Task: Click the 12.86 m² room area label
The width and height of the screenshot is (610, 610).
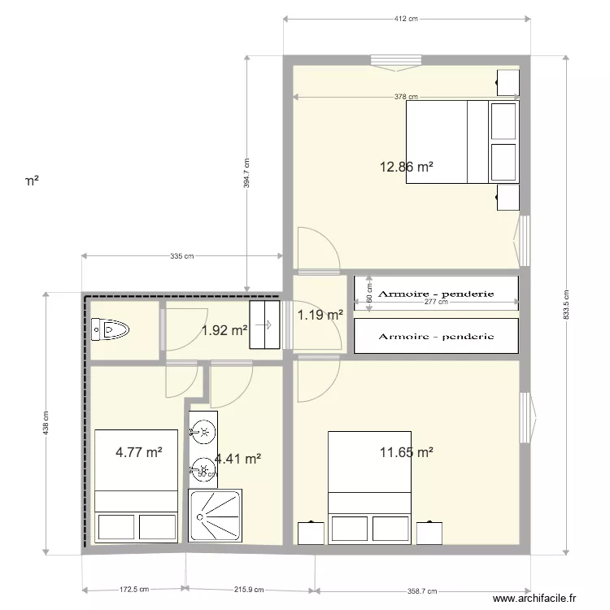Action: tap(406, 168)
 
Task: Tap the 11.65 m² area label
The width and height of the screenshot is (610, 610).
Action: tap(406, 452)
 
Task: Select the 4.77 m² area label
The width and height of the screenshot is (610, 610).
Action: tap(138, 452)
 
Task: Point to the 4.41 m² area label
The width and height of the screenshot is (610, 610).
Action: tap(238, 460)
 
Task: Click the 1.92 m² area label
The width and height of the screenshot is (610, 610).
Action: tap(224, 330)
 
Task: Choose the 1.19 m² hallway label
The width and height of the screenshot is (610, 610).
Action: tap(320, 315)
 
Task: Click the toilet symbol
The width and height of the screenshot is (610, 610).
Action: tap(111, 330)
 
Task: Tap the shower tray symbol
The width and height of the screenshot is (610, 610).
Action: tap(216, 516)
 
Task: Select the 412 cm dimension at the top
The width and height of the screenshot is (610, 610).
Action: tap(406, 18)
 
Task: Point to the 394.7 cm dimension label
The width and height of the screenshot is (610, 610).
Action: tap(246, 172)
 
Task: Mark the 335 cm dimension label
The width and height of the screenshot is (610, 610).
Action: tap(183, 257)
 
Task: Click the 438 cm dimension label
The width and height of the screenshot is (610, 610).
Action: tap(46, 422)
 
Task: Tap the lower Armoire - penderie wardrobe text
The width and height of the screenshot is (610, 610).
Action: tap(437, 336)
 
